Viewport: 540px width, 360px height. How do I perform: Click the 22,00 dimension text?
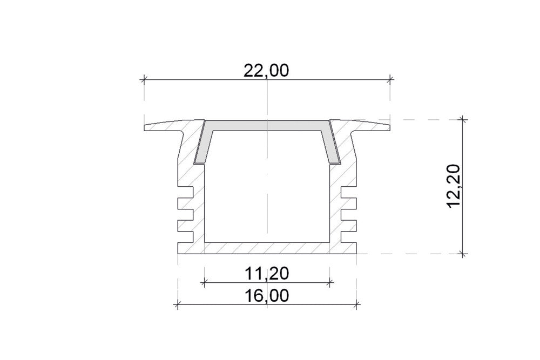[266, 71]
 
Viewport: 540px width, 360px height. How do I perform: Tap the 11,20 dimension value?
[266, 274]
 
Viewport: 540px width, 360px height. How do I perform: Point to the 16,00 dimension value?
[266, 296]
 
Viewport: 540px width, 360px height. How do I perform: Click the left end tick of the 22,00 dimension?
[144, 80]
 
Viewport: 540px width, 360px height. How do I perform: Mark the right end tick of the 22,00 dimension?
[390, 80]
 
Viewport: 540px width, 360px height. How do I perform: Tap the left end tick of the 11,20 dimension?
[204, 281]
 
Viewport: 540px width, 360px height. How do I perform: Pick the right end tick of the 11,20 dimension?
[330, 281]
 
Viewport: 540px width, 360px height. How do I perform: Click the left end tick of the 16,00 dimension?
[177, 305]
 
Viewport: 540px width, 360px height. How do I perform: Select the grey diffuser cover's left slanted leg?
[201, 143]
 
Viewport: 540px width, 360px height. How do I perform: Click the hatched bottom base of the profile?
[267, 248]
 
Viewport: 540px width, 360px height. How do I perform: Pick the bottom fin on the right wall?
[349, 236]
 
